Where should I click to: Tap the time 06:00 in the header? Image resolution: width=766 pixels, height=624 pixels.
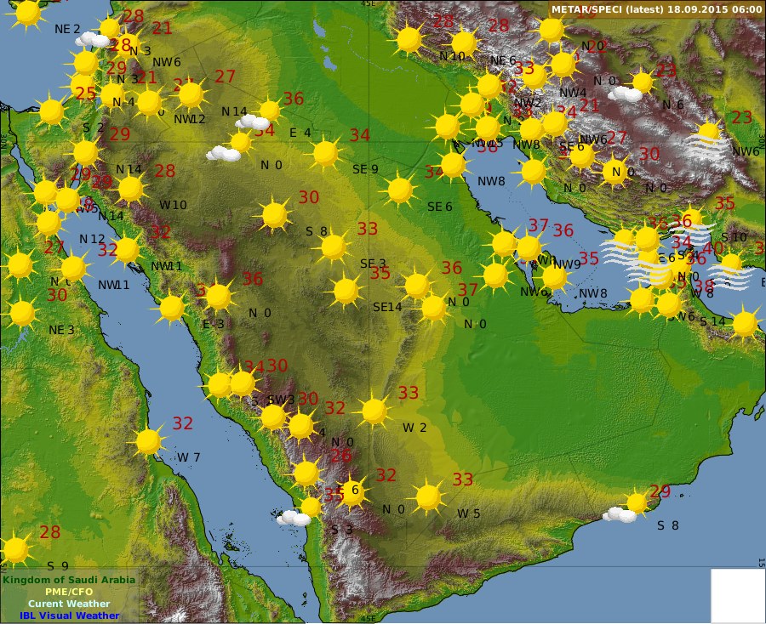[746, 9]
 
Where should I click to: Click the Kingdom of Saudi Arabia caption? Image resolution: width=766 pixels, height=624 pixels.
[68, 580]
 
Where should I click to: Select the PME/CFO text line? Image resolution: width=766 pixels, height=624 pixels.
[68, 592]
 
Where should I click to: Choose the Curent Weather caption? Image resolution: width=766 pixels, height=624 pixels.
[68, 604]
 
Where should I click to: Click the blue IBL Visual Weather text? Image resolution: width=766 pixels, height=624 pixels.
[68, 615]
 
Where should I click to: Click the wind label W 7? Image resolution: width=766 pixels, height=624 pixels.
[188, 457]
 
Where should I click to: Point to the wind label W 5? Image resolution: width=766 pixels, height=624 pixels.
[468, 513]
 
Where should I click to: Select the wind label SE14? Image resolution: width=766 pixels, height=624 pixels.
[387, 307]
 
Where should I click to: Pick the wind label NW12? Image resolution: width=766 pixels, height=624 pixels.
[190, 119]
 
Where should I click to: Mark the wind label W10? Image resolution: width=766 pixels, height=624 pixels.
[173, 204]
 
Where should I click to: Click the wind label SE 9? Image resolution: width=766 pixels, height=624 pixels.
[365, 169]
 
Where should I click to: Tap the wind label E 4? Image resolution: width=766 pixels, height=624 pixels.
[300, 133]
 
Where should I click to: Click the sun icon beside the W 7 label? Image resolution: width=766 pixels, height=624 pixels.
[149, 441]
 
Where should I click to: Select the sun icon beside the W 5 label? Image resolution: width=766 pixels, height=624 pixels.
[428, 496]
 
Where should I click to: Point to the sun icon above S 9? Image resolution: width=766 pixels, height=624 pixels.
[15, 550]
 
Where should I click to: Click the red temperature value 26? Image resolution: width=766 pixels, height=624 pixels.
[340, 456]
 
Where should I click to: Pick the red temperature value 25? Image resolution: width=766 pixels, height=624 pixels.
[85, 94]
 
